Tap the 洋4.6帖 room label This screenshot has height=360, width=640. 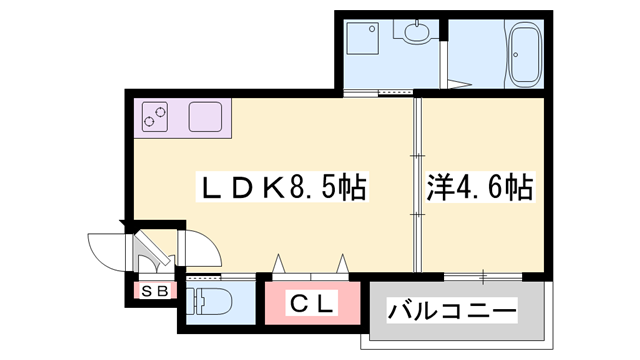[479, 186]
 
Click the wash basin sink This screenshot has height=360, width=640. [413, 33]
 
